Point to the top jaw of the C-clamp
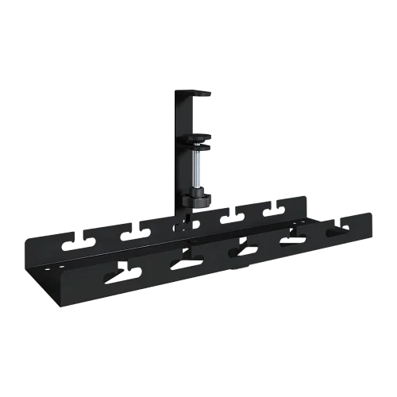click(195, 94)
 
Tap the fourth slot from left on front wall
click(288, 242)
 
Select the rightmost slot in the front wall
click(335, 233)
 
